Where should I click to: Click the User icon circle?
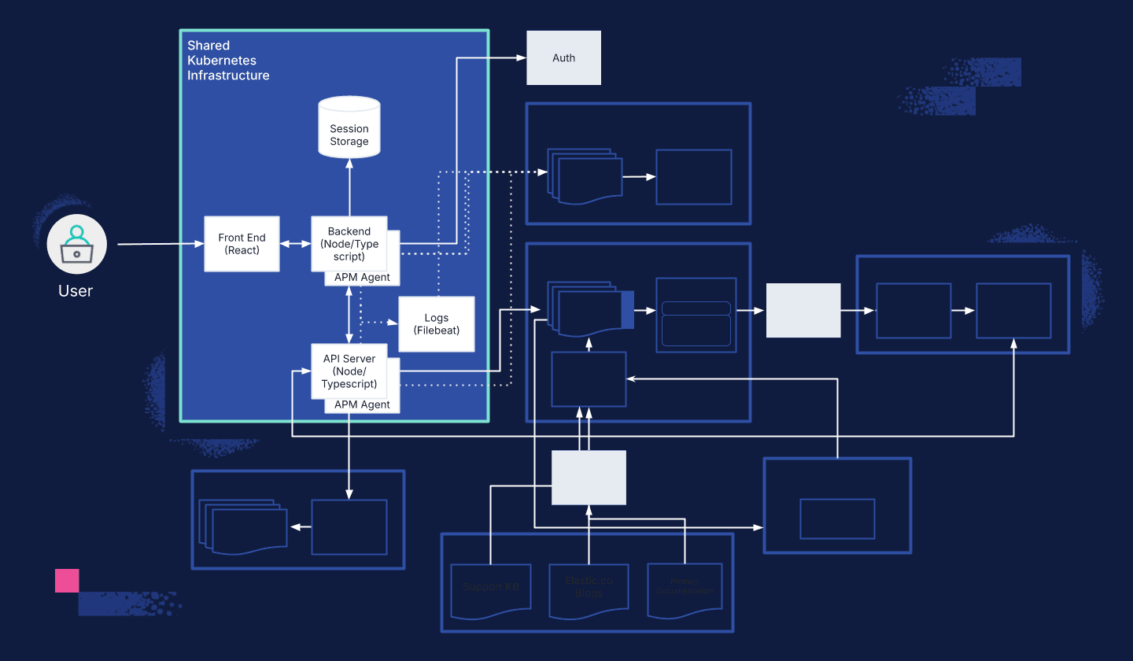[x=76, y=244]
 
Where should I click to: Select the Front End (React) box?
[x=242, y=244]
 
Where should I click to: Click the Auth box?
[x=563, y=58]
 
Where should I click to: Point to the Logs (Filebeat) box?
[x=436, y=324]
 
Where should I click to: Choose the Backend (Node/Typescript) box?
[x=349, y=243]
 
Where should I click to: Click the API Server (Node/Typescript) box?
[x=349, y=371]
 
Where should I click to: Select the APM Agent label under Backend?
[x=362, y=278]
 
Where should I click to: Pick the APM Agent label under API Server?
[x=362, y=404]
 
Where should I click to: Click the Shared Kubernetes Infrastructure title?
[x=228, y=61]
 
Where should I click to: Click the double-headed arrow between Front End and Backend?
[x=296, y=245]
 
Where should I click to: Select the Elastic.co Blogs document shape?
[x=589, y=588]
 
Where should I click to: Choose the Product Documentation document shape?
[x=685, y=589]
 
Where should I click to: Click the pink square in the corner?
[x=67, y=581]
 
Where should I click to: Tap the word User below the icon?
[x=76, y=291]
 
